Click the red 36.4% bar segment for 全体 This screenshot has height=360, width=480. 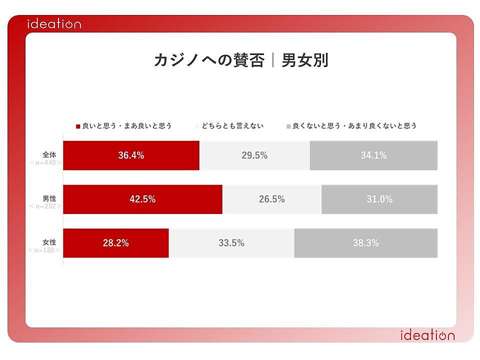tap(131, 155)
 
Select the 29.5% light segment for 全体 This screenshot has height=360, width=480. tap(254, 155)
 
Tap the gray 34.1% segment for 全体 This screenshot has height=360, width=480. tap(373, 155)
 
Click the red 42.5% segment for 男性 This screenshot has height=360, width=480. tap(142, 199)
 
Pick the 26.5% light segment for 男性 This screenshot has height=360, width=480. tap(271, 199)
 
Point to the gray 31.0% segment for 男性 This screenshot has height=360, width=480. tap(379, 199)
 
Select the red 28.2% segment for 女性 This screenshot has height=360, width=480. tap(116, 243)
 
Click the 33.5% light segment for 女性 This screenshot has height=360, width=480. tap(231, 243)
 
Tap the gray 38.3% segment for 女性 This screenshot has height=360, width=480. tap(365, 243)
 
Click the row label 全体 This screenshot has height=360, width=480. tap(49, 154)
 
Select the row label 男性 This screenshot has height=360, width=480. tap(49, 198)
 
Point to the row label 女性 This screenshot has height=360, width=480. tap(49, 242)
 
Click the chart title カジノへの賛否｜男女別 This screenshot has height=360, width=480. tap(240, 60)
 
